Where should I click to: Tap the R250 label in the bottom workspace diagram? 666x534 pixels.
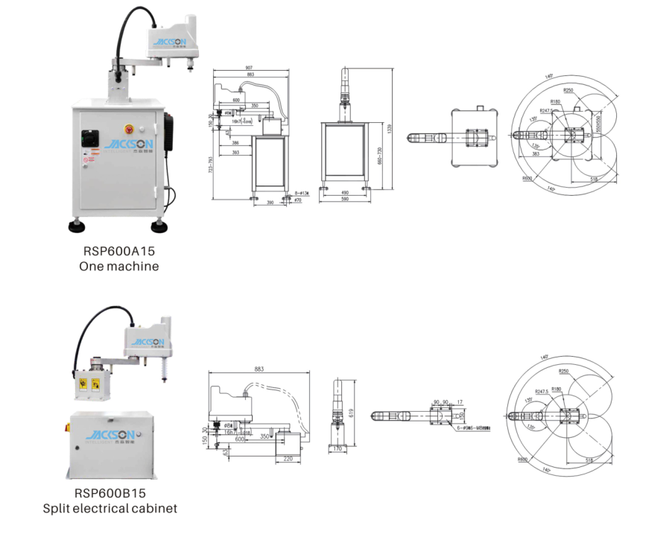564,369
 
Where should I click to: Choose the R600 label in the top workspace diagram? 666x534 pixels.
527,179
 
